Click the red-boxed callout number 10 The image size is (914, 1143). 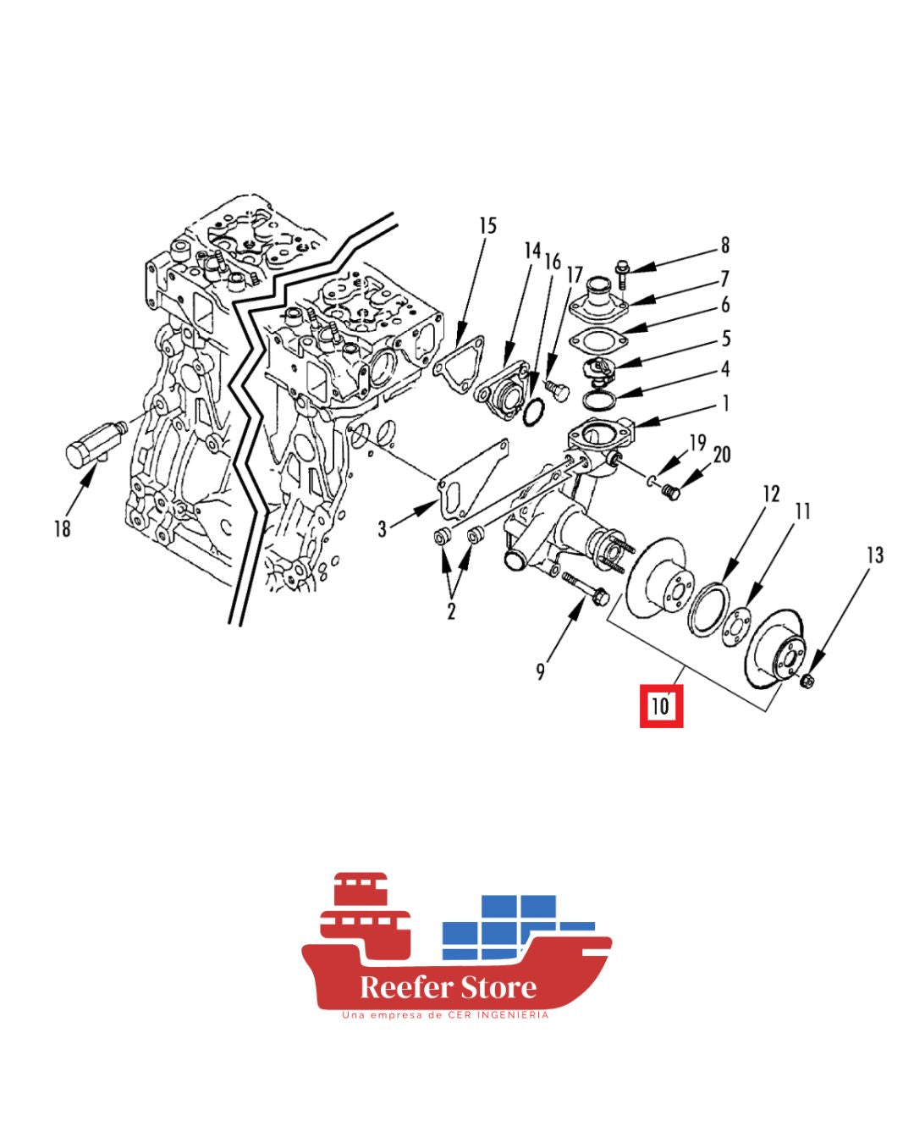[x=660, y=706]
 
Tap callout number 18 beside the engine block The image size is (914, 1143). [x=63, y=528]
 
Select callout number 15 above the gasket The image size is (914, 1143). [x=487, y=226]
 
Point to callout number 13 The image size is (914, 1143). [x=875, y=555]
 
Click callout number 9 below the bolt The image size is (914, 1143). [x=540, y=672]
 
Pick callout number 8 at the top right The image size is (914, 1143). [x=725, y=246]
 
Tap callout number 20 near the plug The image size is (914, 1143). [x=722, y=455]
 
